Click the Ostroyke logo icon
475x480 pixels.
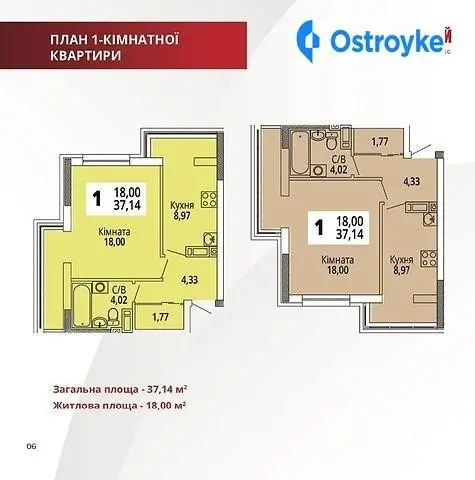(308, 41)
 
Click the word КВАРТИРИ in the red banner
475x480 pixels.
(86, 55)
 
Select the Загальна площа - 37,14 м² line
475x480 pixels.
(119, 389)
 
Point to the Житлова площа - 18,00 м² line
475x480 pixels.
(119, 405)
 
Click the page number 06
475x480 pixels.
(31, 446)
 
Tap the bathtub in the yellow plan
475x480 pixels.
(81, 305)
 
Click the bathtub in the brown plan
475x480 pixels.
(299, 152)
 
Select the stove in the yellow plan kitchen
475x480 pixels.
(209, 199)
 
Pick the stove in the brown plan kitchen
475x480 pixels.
(429, 258)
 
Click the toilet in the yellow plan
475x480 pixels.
(113, 316)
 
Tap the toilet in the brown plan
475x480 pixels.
(331, 142)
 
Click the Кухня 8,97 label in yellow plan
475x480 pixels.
(182, 210)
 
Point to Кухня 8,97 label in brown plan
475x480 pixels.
(402, 265)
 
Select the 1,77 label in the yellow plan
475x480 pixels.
(160, 317)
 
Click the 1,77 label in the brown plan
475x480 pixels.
(380, 142)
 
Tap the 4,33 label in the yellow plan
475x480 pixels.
(189, 280)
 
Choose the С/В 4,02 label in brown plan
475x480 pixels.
(339, 164)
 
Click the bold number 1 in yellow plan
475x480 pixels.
(97, 199)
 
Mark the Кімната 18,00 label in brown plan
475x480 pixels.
(337, 265)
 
